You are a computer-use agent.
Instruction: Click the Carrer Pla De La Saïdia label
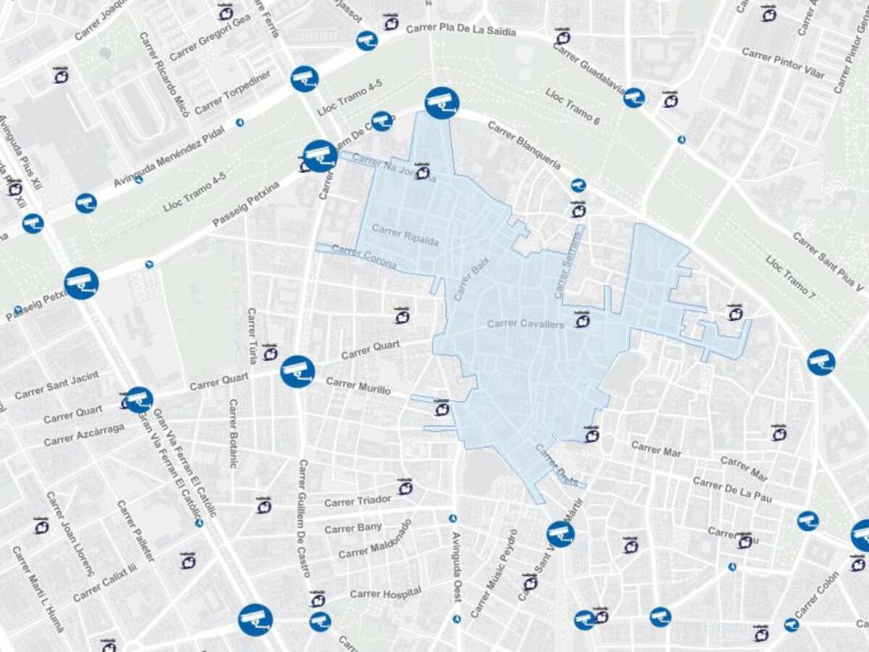[x=461, y=30]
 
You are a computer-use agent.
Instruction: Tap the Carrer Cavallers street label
[x=526, y=324]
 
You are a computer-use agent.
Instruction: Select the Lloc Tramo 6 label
[x=572, y=107]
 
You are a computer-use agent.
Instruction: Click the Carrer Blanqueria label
[x=524, y=145]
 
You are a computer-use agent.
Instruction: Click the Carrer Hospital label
[x=385, y=594]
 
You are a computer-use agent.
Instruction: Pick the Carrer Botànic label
[x=233, y=433]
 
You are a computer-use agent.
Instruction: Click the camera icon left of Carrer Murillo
[x=297, y=372]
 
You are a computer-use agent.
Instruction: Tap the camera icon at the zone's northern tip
[x=442, y=103]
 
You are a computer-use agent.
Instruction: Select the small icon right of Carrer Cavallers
[x=582, y=320]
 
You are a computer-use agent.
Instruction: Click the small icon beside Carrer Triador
[x=406, y=488]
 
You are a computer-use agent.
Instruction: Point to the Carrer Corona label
[x=364, y=256]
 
